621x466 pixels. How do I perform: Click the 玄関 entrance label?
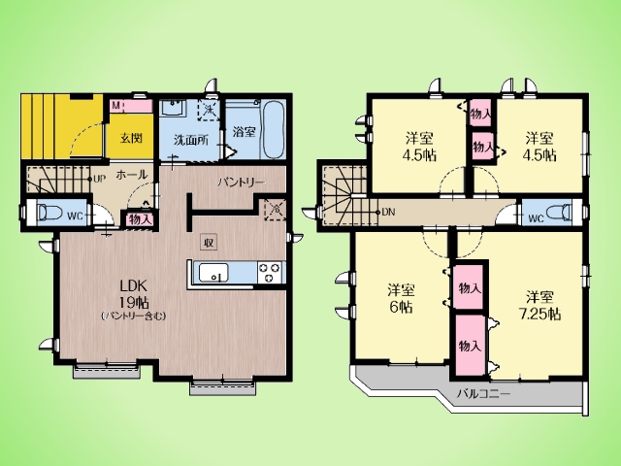[x=131, y=138]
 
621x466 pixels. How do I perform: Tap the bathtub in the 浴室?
[x=274, y=129]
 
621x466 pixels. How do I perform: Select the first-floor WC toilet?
[x=49, y=214]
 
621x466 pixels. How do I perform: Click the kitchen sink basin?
[x=213, y=273]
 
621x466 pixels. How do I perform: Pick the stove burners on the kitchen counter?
[x=271, y=273]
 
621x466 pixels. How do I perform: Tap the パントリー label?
[x=240, y=183]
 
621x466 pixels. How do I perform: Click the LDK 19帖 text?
[x=134, y=293]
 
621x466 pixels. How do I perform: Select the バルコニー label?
[x=483, y=393]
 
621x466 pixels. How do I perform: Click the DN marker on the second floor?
[x=388, y=212]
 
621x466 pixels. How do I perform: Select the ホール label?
[x=132, y=175]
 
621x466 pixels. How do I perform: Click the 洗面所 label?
[x=191, y=140]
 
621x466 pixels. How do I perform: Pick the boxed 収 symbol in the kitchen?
[x=209, y=242]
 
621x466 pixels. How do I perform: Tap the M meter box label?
[x=116, y=106]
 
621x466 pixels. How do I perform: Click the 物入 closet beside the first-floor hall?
[x=140, y=219]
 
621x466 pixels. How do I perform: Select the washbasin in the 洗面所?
[x=173, y=108]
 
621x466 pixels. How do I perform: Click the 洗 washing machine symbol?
[x=209, y=110]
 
